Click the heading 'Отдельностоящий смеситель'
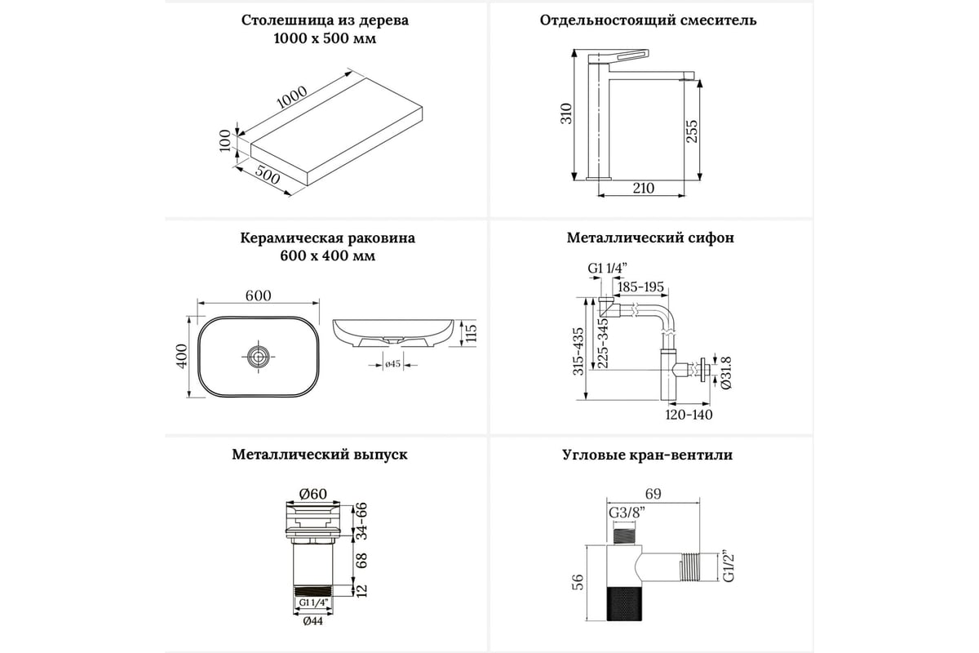(648, 20)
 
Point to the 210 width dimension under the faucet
(643, 189)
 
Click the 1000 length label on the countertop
(291, 98)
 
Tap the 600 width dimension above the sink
(258, 295)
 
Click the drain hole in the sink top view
(259, 355)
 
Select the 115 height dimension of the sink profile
(469, 332)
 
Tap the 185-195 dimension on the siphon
(641, 287)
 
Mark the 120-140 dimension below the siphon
(690, 414)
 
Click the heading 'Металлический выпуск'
(319, 455)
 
